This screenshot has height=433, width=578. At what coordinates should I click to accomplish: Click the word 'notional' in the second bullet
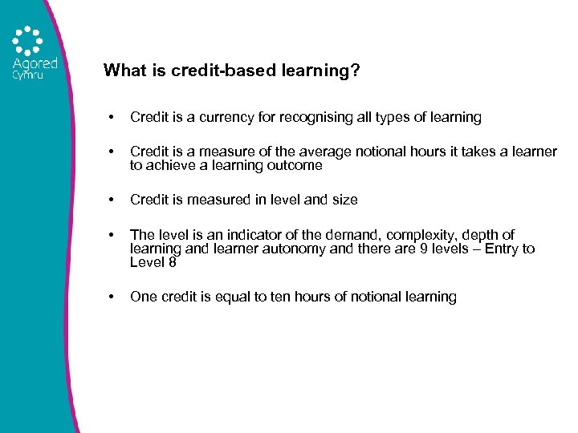tap(348, 152)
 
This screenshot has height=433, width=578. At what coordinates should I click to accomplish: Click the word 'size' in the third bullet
tap(344, 199)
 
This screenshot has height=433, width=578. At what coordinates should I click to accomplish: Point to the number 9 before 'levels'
tap(415, 249)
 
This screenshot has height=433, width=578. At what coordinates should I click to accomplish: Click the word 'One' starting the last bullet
tap(143, 297)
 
